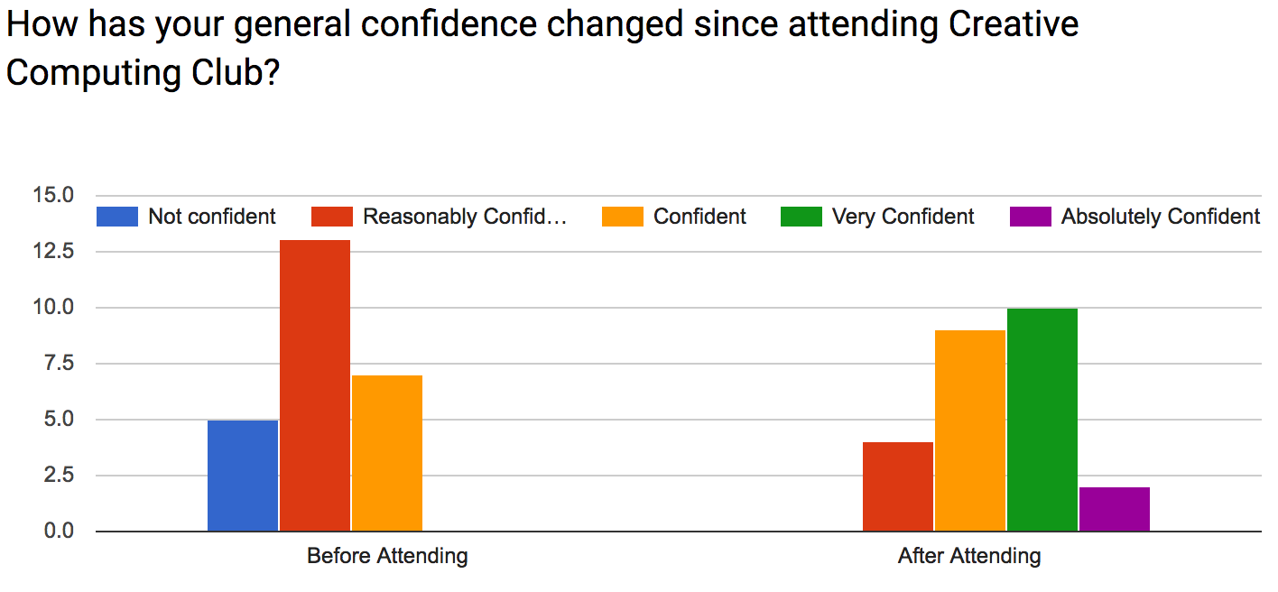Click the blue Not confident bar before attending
[x=243, y=476]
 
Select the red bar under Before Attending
[x=315, y=385]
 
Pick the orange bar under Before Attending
[x=387, y=453]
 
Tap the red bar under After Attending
[x=898, y=486]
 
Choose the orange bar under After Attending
[x=970, y=430]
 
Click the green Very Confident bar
[x=1042, y=420]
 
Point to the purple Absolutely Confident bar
[x=1115, y=509]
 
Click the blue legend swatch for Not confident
[x=117, y=217]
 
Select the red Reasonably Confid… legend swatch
[x=331, y=217]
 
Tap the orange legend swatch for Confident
[x=622, y=217]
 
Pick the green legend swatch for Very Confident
[x=801, y=217]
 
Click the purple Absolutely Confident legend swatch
[x=1030, y=217]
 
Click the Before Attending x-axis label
[x=387, y=556]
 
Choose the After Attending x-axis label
[x=969, y=556]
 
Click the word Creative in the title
[x=1014, y=24]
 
